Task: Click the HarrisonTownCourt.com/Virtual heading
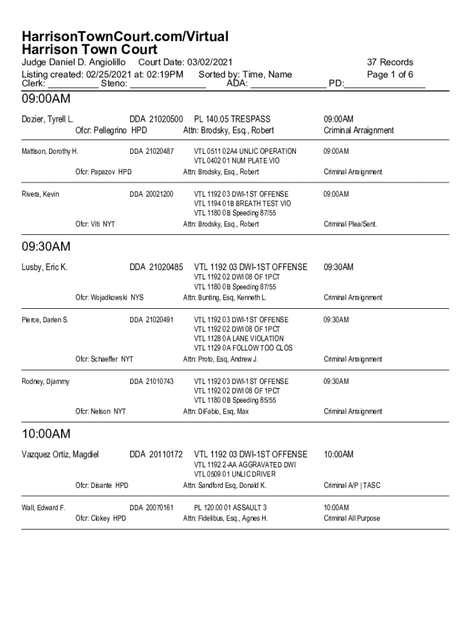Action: click(125, 37)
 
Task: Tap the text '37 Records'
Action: click(390, 62)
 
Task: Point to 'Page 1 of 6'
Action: click(390, 74)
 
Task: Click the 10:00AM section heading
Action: click(46, 434)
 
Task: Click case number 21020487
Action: click(159, 151)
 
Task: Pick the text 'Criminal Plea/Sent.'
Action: click(350, 224)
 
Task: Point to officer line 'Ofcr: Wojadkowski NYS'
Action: click(110, 297)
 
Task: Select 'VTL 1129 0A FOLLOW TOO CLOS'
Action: click(243, 348)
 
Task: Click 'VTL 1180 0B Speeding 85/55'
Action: click(235, 400)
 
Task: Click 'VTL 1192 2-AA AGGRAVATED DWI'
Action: click(244, 464)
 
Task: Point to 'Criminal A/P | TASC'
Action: click(352, 486)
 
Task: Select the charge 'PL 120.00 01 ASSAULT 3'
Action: click(230, 507)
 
